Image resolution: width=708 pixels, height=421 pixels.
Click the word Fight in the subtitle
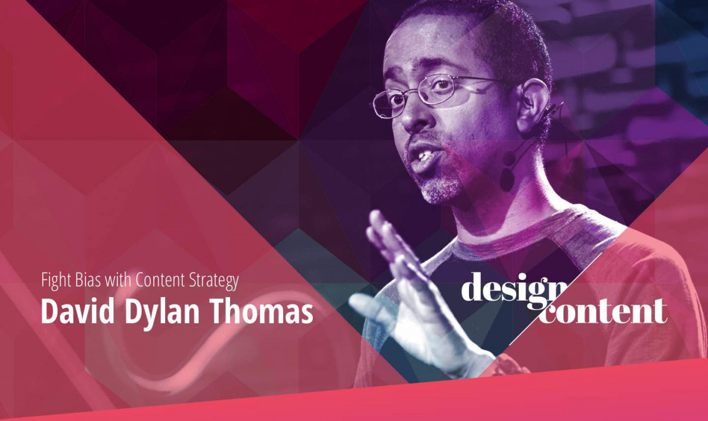54,281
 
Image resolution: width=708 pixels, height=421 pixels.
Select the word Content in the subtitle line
157,281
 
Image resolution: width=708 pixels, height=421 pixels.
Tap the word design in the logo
512,290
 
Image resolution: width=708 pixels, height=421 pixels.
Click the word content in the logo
605,311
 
